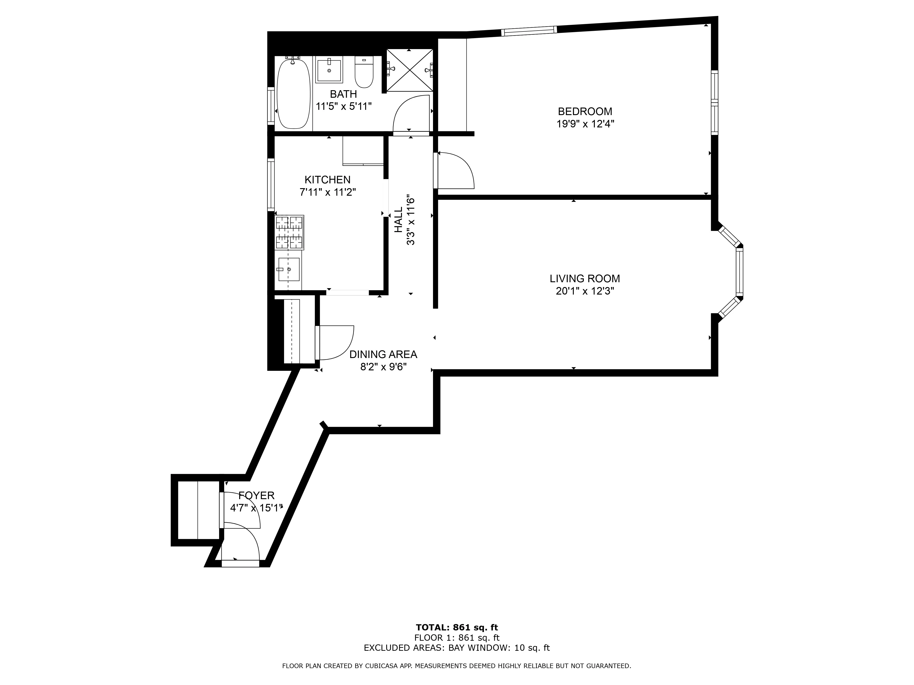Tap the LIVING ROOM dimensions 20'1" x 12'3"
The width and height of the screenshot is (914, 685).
[585, 291]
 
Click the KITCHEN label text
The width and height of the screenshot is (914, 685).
[327, 180]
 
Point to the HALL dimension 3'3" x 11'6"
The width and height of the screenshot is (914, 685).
[410, 220]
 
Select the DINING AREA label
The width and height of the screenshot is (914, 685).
[383, 354]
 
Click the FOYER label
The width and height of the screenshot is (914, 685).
[256, 495]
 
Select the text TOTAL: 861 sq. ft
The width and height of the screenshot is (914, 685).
[457, 628]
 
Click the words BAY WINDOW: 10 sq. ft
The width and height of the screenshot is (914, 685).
[499, 648]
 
